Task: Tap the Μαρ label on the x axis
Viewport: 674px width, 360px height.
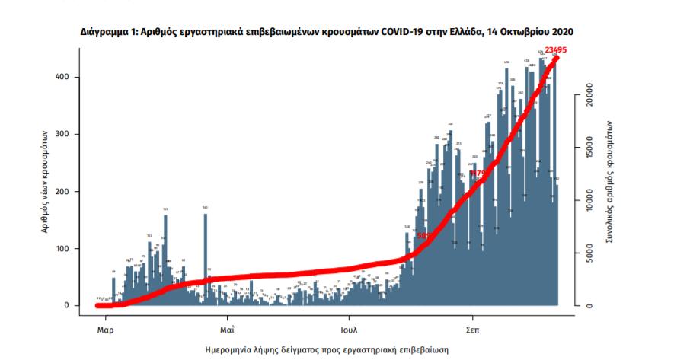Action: [x=105, y=332]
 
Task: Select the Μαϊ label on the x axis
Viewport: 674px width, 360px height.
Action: [x=227, y=332]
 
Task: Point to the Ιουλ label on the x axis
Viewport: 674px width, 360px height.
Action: [x=350, y=332]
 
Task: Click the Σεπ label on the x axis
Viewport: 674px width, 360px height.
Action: [x=472, y=332]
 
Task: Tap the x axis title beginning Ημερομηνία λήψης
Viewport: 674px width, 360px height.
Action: [x=327, y=349]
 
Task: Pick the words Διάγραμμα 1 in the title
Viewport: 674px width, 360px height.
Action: [x=107, y=33]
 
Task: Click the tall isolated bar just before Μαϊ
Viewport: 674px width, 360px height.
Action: [x=205, y=259]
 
